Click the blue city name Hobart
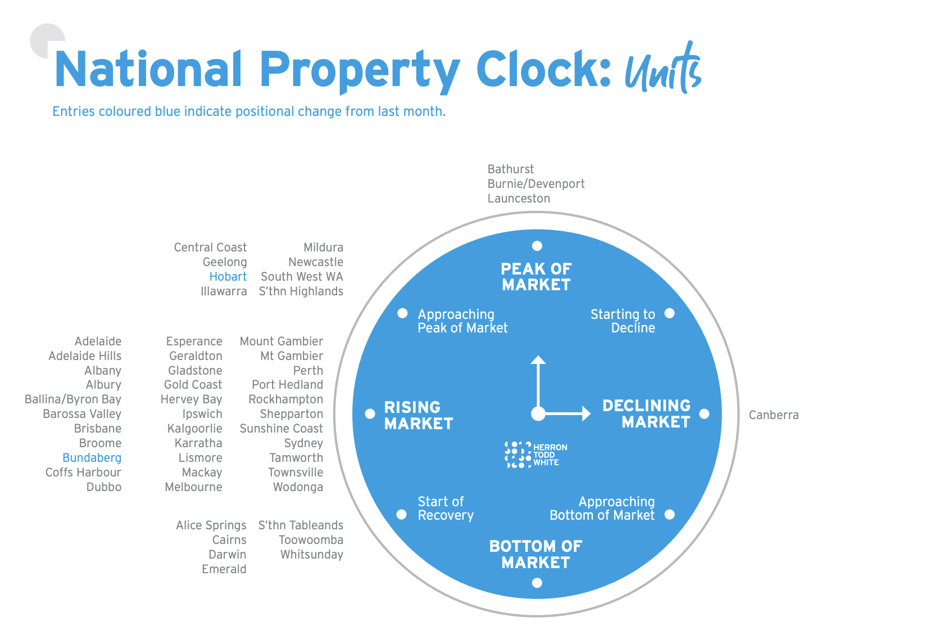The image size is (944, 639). tap(228, 277)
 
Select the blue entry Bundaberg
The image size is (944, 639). tap(92, 458)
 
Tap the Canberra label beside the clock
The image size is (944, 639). tap(773, 415)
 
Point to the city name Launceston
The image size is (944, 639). tap(519, 199)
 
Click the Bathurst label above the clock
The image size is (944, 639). tap(510, 169)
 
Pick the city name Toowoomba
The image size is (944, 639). tap(311, 540)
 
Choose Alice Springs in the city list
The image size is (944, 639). tap(211, 525)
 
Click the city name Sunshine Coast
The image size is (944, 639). tap(281, 429)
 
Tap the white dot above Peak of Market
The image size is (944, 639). tap(537, 246)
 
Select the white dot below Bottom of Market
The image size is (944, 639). tap(537, 583)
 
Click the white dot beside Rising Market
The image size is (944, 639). tap(370, 414)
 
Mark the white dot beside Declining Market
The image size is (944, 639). tap(704, 414)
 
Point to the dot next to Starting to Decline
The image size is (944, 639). tap(669, 313)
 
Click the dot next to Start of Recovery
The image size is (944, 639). tap(402, 514)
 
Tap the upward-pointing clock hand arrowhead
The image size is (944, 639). tap(538, 360)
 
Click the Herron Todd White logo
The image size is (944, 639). tap(535, 454)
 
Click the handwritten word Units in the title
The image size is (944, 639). tap(663, 70)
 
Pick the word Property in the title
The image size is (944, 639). tap(360, 70)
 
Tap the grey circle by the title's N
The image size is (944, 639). tap(45, 39)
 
